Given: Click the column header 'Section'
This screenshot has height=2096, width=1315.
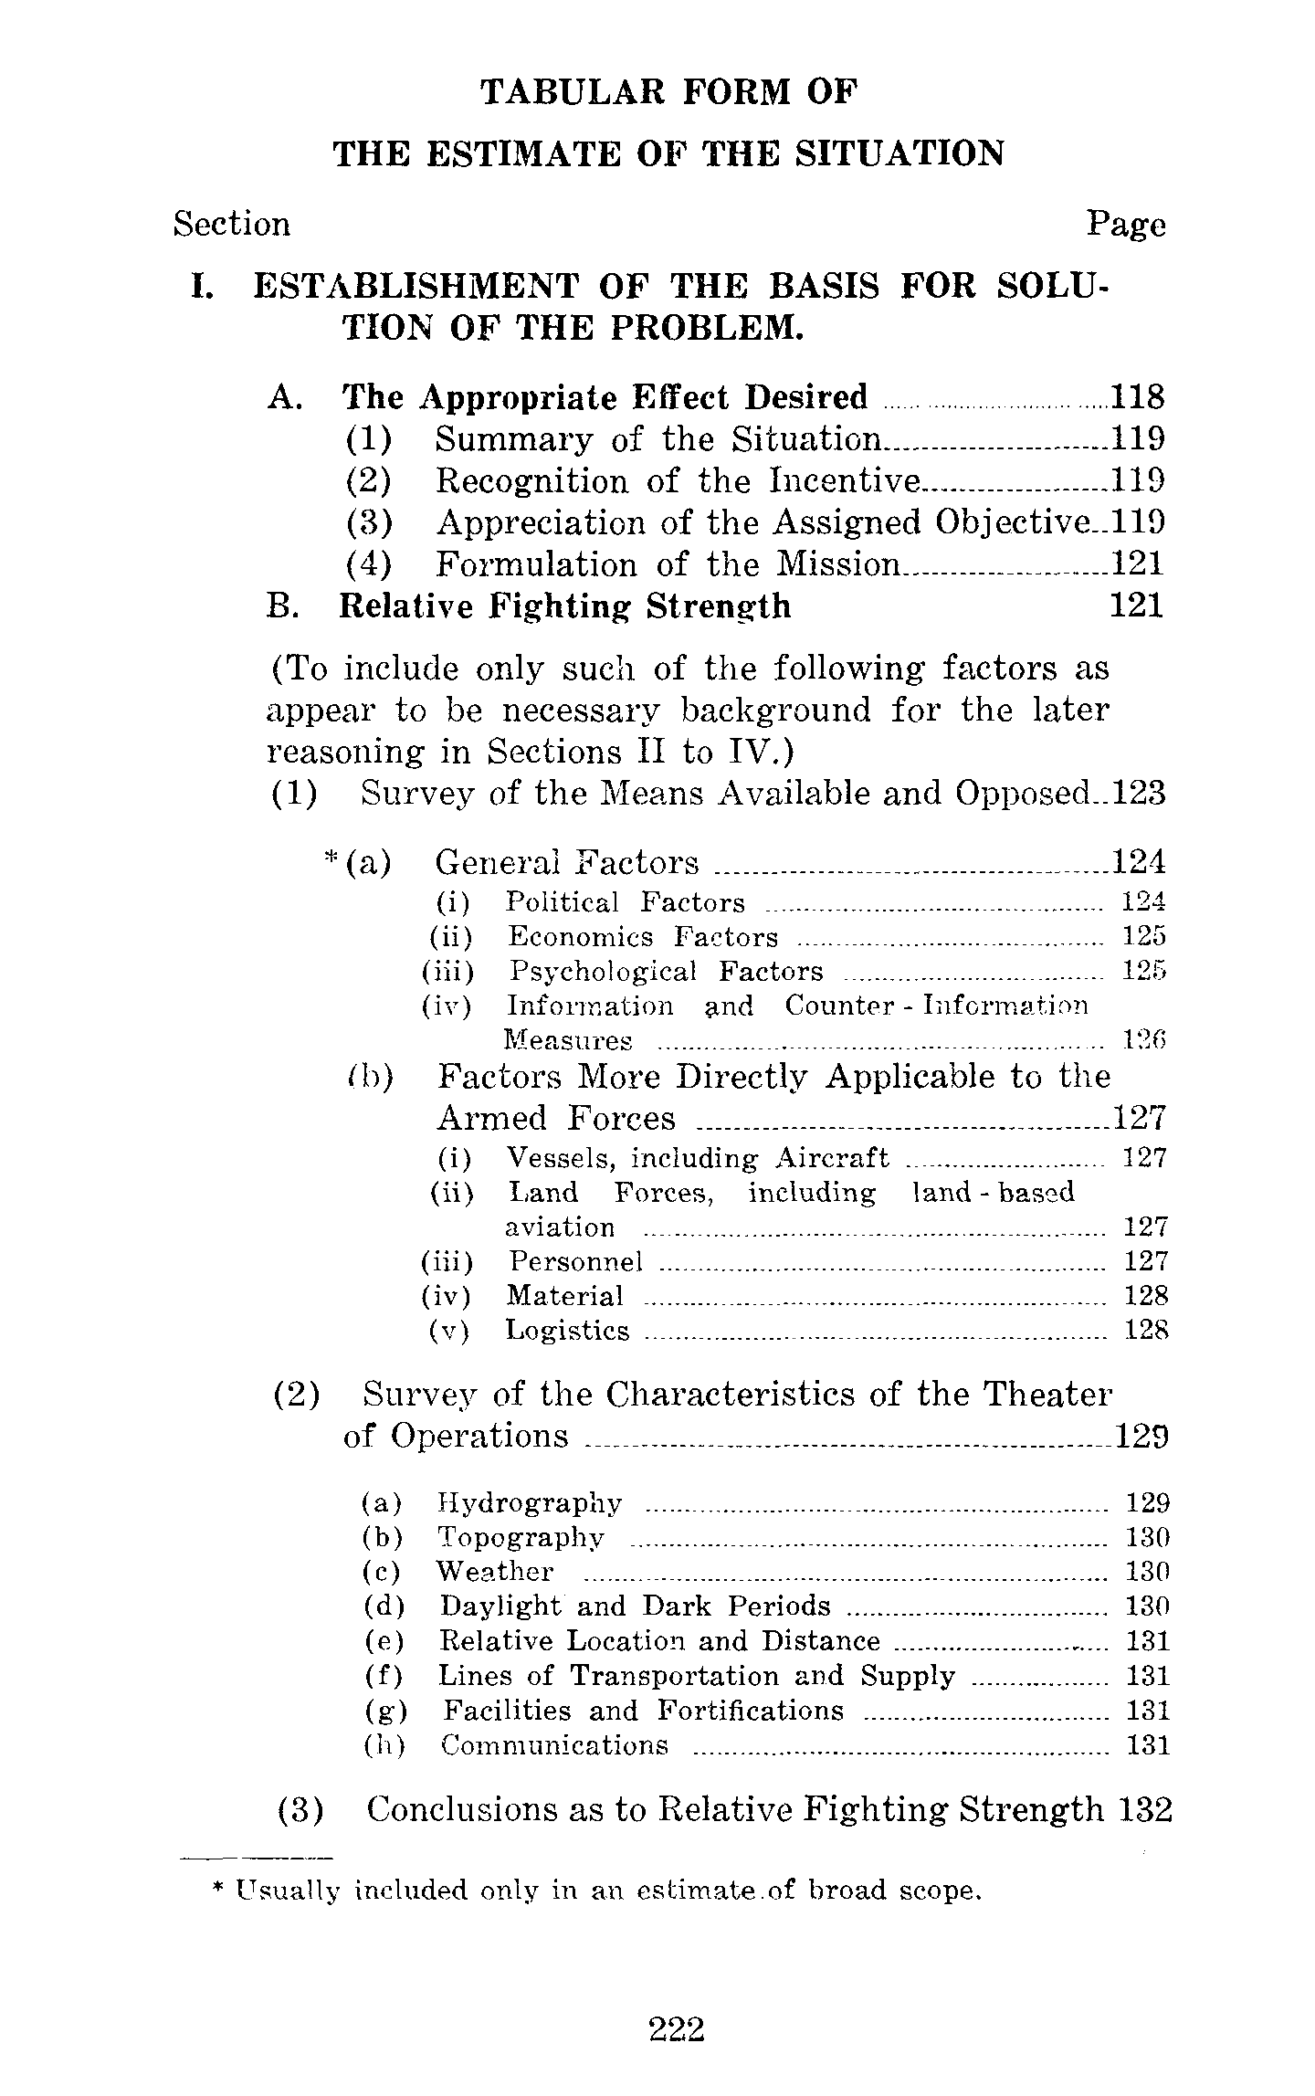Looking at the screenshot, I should pyautogui.click(x=232, y=224).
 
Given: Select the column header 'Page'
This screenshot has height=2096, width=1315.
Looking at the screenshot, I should pyautogui.click(x=1125, y=224).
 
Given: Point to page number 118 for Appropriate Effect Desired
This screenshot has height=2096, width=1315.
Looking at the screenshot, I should pyautogui.click(x=1137, y=397).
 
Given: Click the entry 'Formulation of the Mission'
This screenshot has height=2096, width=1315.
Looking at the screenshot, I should pyautogui.click(x=668, y=564).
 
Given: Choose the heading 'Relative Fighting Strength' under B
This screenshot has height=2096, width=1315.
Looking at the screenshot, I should pyautogui.click(x=564, y=606).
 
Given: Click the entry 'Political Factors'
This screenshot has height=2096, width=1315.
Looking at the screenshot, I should pyautogui.click(x=626, y=902).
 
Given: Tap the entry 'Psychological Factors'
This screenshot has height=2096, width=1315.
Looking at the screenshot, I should pyautogui.click(x=666, y=972).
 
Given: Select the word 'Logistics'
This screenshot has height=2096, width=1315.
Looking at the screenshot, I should pyautogui.click(x=568, y=1331).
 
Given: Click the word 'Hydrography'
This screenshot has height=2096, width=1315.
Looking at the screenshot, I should pyautogui.click(x=530, y=1502).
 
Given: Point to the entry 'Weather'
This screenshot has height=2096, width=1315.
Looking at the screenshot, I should pyautogui.click(x=495, y=1572).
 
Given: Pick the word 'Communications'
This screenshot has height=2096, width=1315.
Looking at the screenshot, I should pyautogui.click(x=554, y=1745).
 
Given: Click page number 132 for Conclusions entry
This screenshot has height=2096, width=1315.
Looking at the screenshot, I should pyautogui.click(x=1143, y=1809).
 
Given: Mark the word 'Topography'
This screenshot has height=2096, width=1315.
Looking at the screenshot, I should pyautogui.click(x=521, y=1537).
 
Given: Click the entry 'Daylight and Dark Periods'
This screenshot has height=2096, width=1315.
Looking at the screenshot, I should pyautogui.click(x=636, y=1606).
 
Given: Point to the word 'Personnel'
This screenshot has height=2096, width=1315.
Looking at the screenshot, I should pyautogui.click(x=575, y=1261).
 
